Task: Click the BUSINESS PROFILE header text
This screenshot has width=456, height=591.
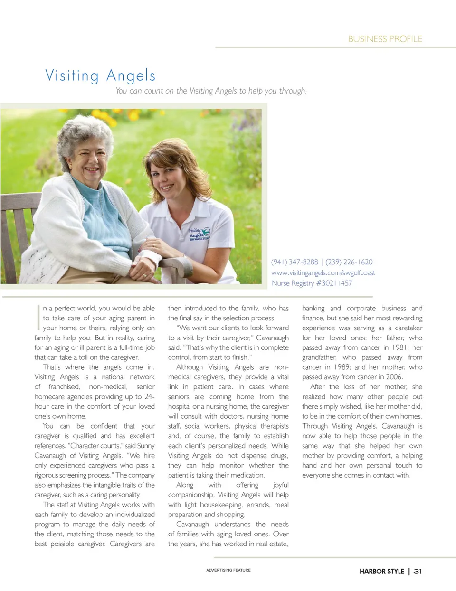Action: tap(385, 39)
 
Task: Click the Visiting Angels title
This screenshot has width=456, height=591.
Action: tap(100, 75)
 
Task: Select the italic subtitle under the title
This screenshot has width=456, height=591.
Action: tap(211, 91)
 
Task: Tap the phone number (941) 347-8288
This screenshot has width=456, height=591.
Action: tap(294, 262)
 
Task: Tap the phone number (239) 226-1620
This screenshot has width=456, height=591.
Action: tap(349, 262)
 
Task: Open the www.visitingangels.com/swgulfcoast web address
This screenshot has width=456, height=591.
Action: tap(323, 273)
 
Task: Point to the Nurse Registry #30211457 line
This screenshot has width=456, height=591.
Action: tap(312, 283)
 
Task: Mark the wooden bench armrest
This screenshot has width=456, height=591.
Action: tap(176, 264)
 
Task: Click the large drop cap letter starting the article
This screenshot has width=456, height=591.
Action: tap(38, 318)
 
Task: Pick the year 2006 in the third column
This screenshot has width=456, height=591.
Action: tap(394, 377)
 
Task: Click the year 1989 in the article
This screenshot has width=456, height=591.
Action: tap(342, 367)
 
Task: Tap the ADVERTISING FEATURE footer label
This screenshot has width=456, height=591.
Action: tap(228, 570)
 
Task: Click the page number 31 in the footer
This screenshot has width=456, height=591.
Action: tap(418, 572)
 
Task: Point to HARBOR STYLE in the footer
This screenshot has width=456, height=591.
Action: tap(381, 572)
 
